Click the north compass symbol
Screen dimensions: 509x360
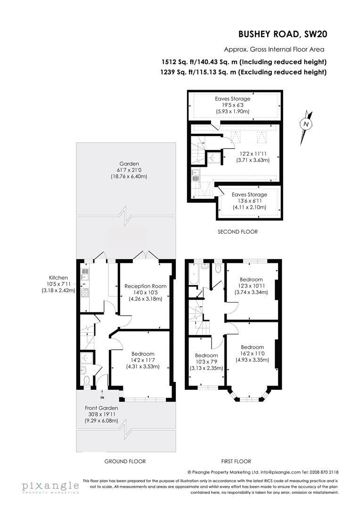point(306,124)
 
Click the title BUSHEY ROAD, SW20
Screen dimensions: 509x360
point(282,34)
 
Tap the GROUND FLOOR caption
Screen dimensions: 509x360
point(125,461)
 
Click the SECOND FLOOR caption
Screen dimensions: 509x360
point(237,232)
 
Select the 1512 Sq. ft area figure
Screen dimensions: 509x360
point(175,62)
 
